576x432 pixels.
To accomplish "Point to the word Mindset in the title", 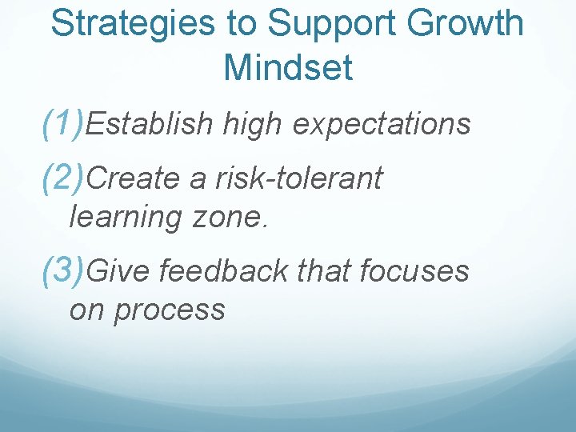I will [x=288, y=68].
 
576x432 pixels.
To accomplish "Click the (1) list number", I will [x=62, y=124].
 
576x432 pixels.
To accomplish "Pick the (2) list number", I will [x=62, y=178].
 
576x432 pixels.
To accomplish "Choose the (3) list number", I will [x=62, y=271].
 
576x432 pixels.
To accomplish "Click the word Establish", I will [x=150, y=125].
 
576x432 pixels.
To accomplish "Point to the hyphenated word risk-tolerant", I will [x=299, y=179].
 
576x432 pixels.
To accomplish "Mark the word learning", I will [x=126, y=217].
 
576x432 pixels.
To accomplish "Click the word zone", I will [x=236, y=217].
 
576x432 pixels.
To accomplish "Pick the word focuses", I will [x=414, y=272].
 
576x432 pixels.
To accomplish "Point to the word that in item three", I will [x=325, y=272].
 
